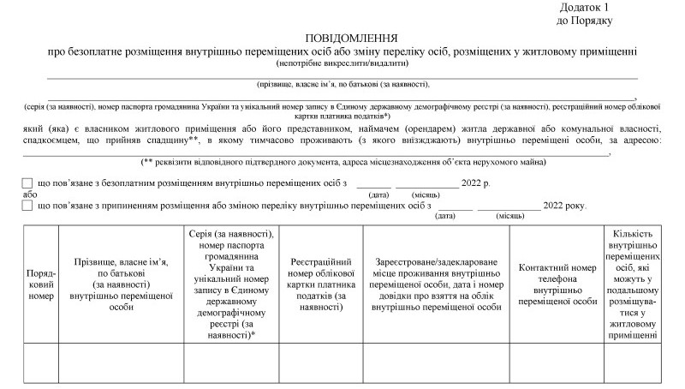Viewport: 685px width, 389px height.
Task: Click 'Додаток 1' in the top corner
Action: coord(584,7)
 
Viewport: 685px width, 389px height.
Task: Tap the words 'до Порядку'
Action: coord(584,19)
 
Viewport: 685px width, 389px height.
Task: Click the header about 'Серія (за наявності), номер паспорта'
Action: coord(231,284)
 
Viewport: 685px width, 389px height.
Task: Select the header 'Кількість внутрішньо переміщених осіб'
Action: coord(634,284)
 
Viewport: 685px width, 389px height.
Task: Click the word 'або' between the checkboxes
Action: coord(30,194)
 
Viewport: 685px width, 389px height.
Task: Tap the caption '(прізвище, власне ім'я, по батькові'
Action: coord(342,84)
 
